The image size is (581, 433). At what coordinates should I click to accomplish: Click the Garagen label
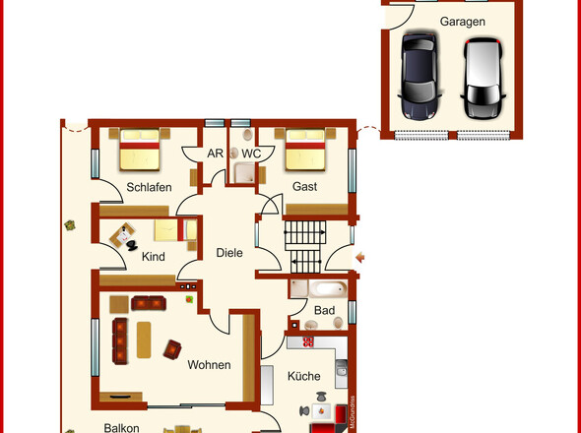click(x=463, y=22)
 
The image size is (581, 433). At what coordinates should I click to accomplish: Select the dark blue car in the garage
click(x=420, y=77)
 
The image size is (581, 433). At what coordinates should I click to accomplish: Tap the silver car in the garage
click(x=484, y=78)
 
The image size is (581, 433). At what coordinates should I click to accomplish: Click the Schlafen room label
click(x=149, y=187)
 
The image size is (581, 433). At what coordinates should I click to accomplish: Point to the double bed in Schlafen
click(x=139, y=150)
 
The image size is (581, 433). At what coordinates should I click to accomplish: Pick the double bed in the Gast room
click(x=305, y=150)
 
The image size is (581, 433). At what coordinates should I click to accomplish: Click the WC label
click(x=251, y=154)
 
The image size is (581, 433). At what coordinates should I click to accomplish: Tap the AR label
click(x=215, y=154)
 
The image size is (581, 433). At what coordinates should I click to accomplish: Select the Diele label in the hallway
click(x=229, y=253)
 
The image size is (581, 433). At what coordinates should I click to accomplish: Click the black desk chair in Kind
click(x=132, y=245)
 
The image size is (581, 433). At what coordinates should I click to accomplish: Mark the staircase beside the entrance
click(x=304, y=246)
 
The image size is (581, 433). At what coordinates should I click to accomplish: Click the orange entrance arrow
click(x=359, y=258)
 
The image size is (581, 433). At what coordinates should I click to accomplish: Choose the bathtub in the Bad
click(x=328, y=289)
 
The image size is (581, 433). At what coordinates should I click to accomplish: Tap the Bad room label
click(x=324, y=310)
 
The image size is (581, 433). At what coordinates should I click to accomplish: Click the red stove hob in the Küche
click(x=308, y=341)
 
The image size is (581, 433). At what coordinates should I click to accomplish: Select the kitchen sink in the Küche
click(x=342, y=369)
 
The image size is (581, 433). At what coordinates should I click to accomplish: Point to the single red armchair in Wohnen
click(x=172, y=349)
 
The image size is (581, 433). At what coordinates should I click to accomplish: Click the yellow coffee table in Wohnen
click(x=144, y=340)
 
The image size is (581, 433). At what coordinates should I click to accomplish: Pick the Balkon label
click(x=121, y=428)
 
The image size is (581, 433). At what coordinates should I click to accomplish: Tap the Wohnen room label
click(x=209, y=365)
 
